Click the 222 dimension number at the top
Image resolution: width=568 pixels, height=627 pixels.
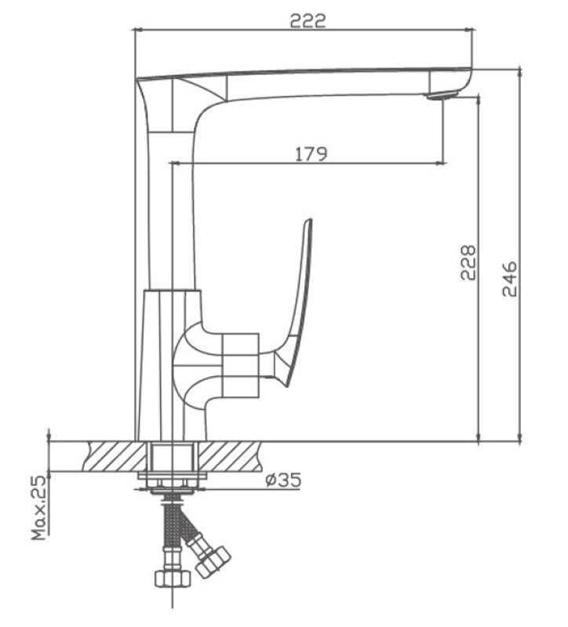[308, 20]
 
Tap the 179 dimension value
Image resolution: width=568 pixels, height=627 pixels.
[311, 154]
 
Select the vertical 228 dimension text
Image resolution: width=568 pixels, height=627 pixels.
[468, 263]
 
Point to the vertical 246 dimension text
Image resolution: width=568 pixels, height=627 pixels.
[510, 279]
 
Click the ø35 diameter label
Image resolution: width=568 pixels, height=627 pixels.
[283, 480]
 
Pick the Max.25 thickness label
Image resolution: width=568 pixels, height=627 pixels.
[39, 507]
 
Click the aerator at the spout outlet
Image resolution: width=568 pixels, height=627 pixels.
[442, 95]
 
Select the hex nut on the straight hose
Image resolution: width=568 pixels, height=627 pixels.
[173, 578]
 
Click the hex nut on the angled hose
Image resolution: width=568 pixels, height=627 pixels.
[213, 560]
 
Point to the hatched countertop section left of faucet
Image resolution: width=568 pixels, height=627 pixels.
[115, 456]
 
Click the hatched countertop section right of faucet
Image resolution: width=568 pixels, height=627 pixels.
[231, 456]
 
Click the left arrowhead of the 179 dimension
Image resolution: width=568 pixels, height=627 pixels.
[174, 163]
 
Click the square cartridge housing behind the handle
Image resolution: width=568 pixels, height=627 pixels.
[240, 365]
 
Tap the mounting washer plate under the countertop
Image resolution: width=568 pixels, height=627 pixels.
[173, 476]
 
